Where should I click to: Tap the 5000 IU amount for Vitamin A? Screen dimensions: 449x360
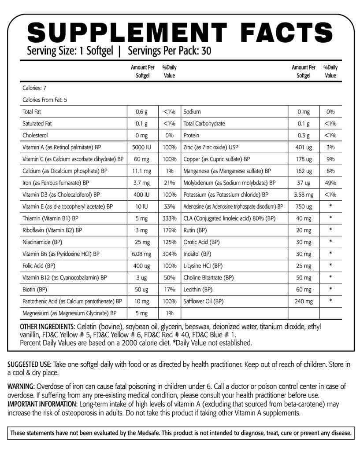tap(141, 147)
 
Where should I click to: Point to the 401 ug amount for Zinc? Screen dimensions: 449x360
tap(303, 147)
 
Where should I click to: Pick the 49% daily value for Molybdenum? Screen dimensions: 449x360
tap(330, 183)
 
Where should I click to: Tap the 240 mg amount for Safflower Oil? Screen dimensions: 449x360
tap(303, 301)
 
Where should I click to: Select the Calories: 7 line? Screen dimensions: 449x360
tap(34, 88)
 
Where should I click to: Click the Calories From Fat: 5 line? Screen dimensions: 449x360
tap(45, 100)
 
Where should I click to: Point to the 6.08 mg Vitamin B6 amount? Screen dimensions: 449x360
tap(141, 254)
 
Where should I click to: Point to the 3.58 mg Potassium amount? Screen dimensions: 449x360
tap(303, 194)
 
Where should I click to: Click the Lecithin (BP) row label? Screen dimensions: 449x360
tap(198, 289)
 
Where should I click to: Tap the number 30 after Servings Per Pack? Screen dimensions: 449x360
tap(206, 51)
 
